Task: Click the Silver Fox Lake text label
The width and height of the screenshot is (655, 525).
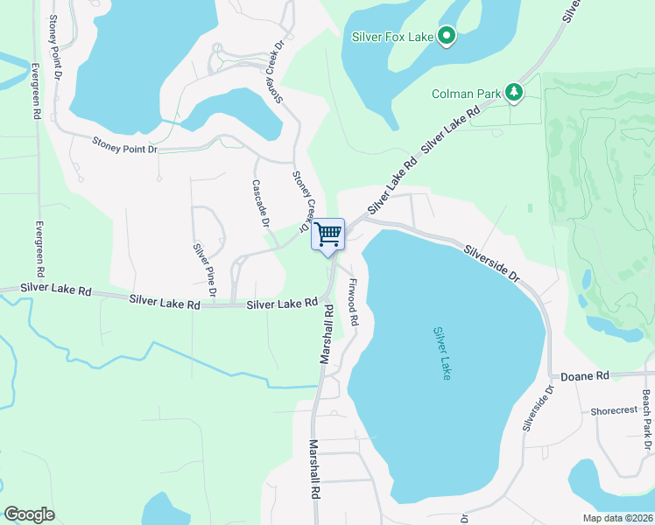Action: point(391,37)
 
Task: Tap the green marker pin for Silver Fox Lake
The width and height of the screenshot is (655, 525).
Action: point(447,37)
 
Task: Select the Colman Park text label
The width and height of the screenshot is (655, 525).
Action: point(466,94)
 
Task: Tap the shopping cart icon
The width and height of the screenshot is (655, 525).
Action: point(327,234)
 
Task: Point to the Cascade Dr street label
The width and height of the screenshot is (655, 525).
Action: point(260,202)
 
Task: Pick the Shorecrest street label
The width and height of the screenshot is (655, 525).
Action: point(614,410)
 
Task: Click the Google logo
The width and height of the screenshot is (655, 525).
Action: point(29,514)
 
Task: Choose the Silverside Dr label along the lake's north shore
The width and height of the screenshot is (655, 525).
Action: point(491,261)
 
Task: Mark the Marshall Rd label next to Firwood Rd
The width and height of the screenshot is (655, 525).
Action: point(327,335)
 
